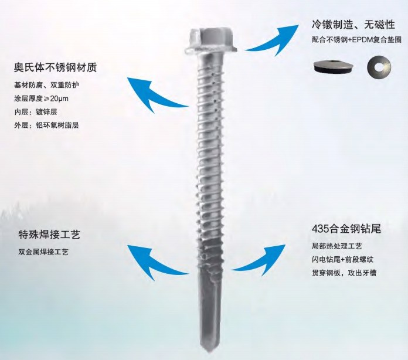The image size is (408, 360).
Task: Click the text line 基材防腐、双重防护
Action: pos(47,85)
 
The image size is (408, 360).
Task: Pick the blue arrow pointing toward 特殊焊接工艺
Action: pos(157,262)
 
